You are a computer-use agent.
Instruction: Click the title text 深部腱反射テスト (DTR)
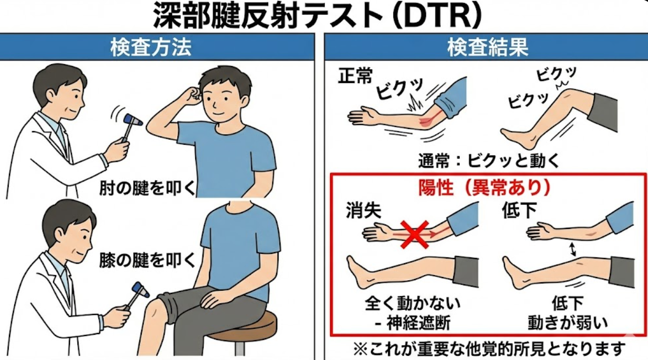[317, 16]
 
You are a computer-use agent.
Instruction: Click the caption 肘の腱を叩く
[147, 188]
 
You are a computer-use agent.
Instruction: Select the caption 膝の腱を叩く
[147, 260]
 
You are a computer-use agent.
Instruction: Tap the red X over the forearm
[415, 235]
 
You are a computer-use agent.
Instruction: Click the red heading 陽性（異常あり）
[485, 188]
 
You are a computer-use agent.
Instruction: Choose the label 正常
[355, 76]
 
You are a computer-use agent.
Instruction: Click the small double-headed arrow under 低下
[572, 250]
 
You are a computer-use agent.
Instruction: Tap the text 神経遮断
[418, 323]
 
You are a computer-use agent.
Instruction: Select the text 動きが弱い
[568, 323]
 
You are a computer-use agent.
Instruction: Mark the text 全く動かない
[413, 303]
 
